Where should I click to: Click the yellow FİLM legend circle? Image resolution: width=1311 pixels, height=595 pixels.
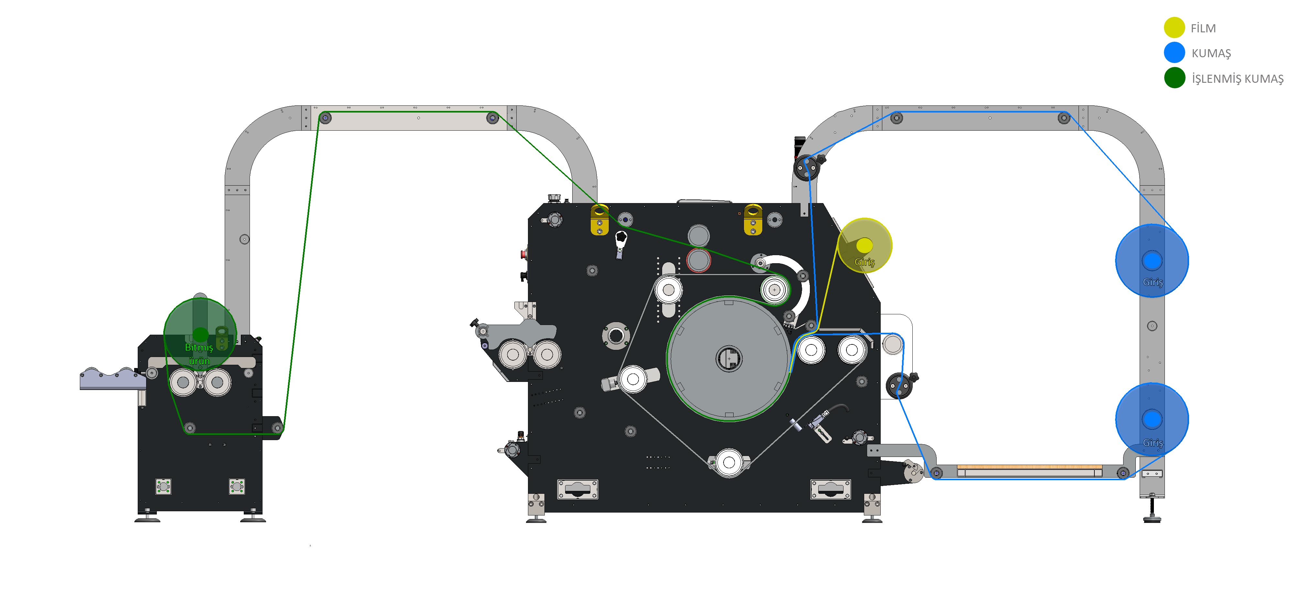click(1174, 27)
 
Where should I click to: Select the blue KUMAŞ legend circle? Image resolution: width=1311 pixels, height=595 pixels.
click(1174, 52)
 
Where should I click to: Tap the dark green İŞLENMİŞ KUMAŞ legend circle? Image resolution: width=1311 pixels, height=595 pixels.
click(1175, 78)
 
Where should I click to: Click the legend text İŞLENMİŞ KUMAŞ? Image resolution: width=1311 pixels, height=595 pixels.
click(1237, 79)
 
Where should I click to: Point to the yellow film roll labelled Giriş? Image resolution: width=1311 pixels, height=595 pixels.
click(864, 245)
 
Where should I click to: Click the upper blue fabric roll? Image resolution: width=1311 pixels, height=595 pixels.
click(1152, 260)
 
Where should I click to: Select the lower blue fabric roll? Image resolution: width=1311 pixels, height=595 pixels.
click(1152, 419)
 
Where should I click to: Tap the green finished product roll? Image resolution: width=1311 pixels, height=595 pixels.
click(200, 334)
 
